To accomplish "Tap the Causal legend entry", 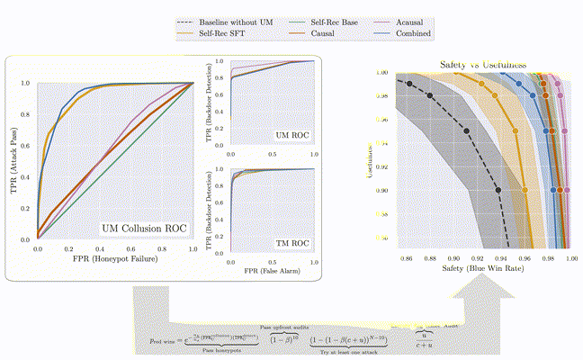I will click(x=316, y=33).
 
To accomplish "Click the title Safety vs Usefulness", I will click(x=481, y=65).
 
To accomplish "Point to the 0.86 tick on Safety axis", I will click(x=407, y=257).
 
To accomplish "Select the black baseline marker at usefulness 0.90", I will click(x=498, y=190).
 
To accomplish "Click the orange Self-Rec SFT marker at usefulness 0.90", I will click(x=525, y=190).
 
